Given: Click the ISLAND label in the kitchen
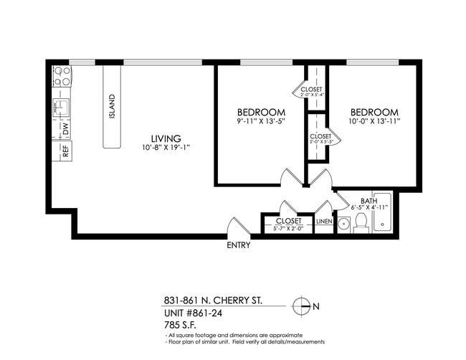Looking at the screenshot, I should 111,107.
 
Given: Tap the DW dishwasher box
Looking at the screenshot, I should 65,129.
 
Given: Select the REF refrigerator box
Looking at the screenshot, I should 65,151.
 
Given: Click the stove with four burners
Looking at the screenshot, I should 62,76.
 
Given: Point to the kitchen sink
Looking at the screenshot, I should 61,107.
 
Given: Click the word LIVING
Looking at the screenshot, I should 165,138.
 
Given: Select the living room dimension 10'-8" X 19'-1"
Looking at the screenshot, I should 165,148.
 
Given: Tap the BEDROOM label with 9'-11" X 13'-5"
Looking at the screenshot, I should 261,113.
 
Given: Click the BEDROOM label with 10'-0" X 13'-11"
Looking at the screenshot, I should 374,113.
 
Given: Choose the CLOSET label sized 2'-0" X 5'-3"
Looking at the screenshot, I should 320,136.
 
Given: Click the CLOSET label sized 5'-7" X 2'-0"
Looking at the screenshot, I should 288,222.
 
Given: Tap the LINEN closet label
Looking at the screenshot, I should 324,222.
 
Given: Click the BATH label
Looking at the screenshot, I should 368,201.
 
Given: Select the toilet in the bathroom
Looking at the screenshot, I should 361,222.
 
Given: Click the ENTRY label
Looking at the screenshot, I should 238,245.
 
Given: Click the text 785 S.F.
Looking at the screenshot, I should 180,325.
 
